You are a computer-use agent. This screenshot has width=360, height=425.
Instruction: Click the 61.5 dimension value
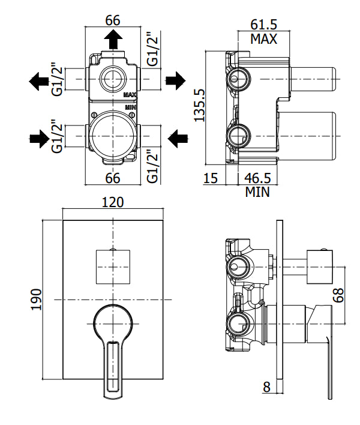pos(264,25)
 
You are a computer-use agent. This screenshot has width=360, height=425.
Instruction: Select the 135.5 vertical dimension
pos(200,106)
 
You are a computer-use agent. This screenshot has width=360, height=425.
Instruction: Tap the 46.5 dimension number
pos(257,178)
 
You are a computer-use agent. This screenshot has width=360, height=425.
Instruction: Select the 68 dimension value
pos(340,295)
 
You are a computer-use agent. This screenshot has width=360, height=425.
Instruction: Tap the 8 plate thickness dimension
pos(266,387)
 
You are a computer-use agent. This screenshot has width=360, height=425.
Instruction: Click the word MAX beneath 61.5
pos(264,40)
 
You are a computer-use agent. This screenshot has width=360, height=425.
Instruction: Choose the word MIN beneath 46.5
pos(257,193)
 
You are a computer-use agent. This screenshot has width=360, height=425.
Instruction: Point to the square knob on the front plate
pos(113,265)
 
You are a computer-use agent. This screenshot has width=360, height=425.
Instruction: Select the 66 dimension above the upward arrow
pos(112,19)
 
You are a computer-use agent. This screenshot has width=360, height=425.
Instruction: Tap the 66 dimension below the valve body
pos(112,178)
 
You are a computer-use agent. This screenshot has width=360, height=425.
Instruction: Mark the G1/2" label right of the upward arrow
pos(153,50)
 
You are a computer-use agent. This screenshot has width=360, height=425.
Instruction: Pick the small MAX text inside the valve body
pos(131,95)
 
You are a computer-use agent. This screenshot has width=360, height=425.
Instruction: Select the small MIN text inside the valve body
pos(130,107)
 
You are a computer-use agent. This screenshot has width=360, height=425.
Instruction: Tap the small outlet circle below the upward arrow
pos(112,78)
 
